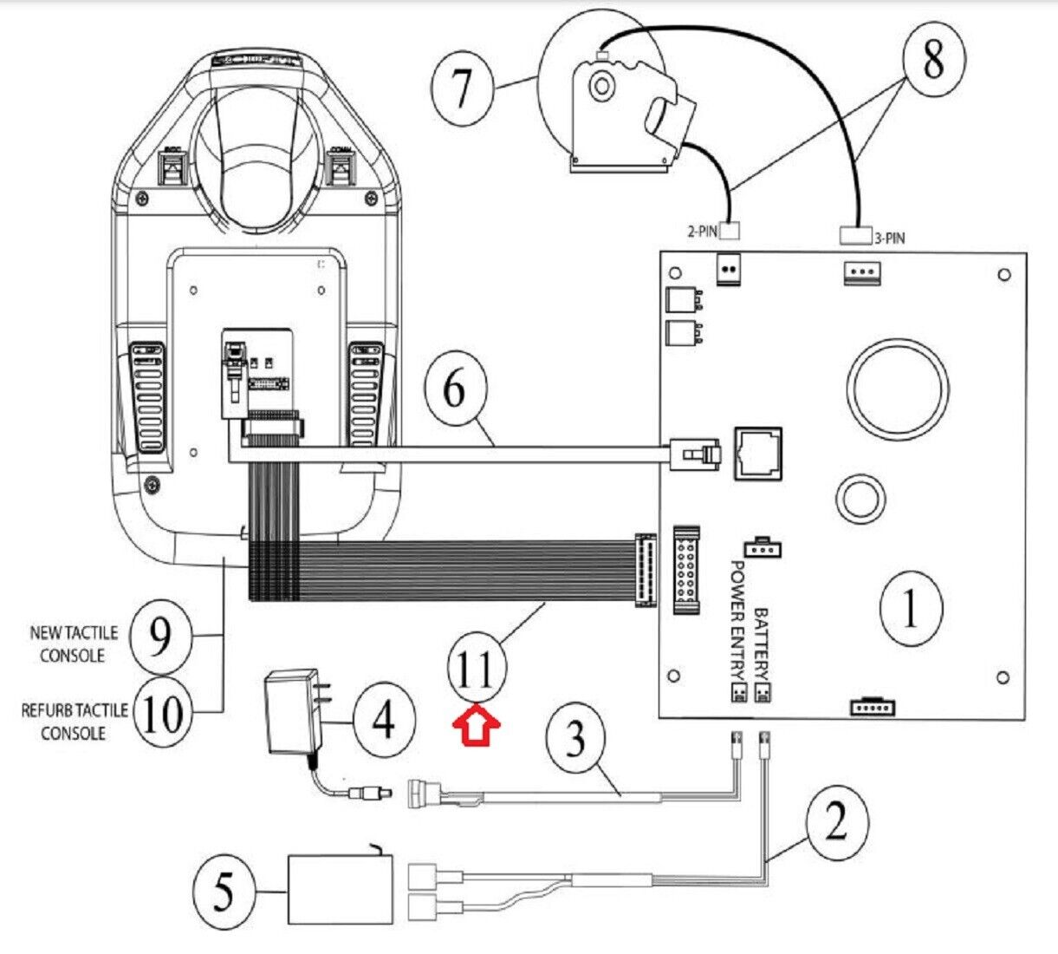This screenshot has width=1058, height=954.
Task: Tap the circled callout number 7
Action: click(x=463, y=87)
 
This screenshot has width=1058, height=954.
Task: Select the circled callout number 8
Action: click(x=932, y=59)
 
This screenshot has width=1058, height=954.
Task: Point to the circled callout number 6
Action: click(x=455, y=390)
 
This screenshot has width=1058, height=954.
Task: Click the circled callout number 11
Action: click(x=477, y=670)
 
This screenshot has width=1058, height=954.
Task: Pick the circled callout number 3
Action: click(x=575, y=739)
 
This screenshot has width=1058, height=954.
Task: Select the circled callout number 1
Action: click(x=911, y=609)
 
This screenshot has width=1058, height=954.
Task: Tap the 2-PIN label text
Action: click(x=702, y=232)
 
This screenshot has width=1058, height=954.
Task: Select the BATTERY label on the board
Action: click(x=761, y=644)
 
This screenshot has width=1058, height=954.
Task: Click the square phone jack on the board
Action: click(x=757, y=452)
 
